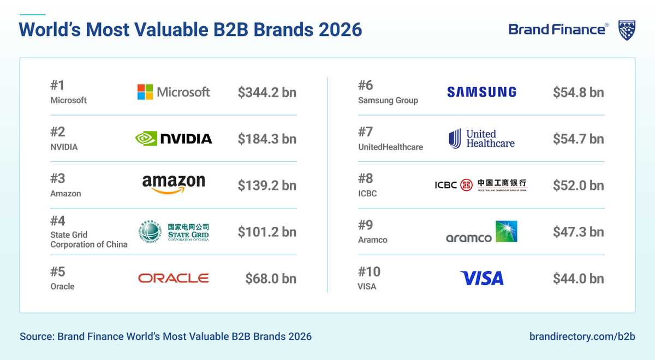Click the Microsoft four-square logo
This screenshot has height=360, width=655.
pos(145,92)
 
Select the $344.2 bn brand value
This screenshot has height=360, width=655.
pos(267,92)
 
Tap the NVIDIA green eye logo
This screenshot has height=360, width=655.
pos(146,139)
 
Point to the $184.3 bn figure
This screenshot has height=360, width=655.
pos(267,139)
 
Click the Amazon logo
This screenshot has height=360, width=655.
pos(174,184)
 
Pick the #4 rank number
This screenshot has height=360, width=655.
pos(58,221)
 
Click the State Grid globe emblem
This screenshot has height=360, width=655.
pos(150,232)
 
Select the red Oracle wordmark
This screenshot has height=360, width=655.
pos(174,278)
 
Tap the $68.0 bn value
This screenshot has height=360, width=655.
pos(271,279)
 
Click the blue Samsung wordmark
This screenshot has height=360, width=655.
pos(481,92)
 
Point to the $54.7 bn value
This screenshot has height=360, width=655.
pos(578,139)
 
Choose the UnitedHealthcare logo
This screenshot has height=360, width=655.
pos(481,139)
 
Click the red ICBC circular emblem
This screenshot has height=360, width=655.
pos(466,185)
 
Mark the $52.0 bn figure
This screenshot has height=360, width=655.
pos(578,185)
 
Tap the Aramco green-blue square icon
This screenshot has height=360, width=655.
pos(506,232)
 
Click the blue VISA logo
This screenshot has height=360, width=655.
pos(481,278)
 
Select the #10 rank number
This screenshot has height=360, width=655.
pos(370,272)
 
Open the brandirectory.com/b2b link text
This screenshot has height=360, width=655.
pos(582,336)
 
